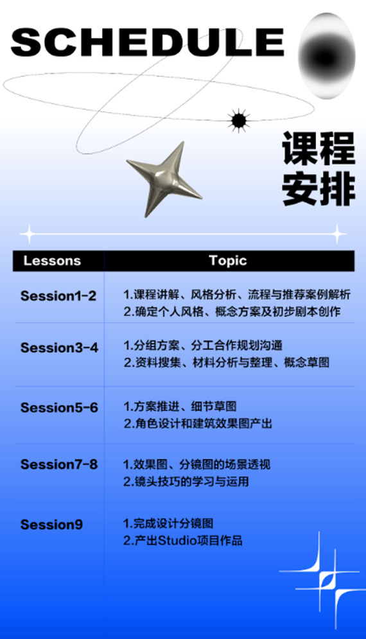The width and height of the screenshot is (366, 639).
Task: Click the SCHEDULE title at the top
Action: point(147,42)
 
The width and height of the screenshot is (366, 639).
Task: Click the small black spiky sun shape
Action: point(239,121)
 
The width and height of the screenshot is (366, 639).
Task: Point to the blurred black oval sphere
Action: point(326,56)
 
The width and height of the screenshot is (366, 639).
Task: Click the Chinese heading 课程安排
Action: point(318,168)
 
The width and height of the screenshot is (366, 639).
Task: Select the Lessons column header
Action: point(52,261)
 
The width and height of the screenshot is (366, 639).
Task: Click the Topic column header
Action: point(228,260)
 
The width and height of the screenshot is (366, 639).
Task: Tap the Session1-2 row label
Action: point(58,296)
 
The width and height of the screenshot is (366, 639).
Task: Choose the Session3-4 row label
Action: point(59,347)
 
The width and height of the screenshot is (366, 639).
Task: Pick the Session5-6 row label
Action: point(59,408)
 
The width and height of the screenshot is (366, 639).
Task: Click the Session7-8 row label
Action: point(59,464)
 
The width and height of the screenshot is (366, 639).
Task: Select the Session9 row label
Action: point(51,525)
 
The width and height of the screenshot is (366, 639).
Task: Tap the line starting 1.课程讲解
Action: point(237,294)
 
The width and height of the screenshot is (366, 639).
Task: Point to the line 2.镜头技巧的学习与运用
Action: point(186,481)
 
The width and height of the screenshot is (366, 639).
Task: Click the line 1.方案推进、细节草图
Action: point(180,407)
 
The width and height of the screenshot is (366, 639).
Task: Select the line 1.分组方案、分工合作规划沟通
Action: point(202,346)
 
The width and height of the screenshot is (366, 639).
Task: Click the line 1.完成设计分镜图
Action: point(168,523)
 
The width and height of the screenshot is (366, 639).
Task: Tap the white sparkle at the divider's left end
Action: point(29,234)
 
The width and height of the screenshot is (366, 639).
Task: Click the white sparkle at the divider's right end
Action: point(338,234)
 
